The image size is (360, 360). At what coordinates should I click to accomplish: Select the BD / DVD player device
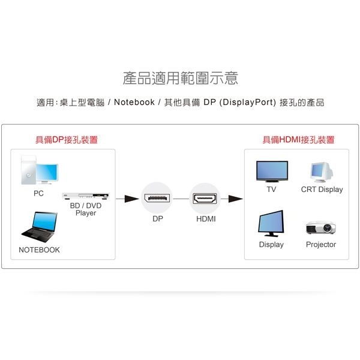pyautogui.click(x=86, y=196)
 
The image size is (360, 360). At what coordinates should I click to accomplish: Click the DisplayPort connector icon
pyautogui.click(x=157, y=199)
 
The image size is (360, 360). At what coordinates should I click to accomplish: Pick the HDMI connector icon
pyautogui.click(x=206, y=199)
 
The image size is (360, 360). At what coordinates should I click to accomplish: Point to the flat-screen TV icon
pyautogui.click(x=271, y=171)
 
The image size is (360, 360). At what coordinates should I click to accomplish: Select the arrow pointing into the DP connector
pyautogui.click(x=127, y=198)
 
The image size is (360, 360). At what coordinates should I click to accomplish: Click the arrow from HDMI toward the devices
pyautogui.click(x=234, y=198)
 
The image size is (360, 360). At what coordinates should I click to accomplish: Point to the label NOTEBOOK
pyautogui.click(x=40, y=250)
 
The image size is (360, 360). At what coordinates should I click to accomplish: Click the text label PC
pyautogui.click(x=38, y=194)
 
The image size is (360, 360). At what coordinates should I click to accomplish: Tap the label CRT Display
pyautogui.click(x=322, y=190)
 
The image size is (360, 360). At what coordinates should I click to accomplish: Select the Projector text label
pyautogui.click(x=321, y=245)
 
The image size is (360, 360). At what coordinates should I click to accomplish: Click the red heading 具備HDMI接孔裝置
pyautogui.click(x=298, y=140)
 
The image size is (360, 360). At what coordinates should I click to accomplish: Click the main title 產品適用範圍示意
pyautogui.click(x=180, y=78)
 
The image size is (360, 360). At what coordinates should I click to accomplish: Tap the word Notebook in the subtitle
pyautogui.click(x=134, y=103)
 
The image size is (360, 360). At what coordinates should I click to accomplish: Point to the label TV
pyautogui.click(x=271, y=190)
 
